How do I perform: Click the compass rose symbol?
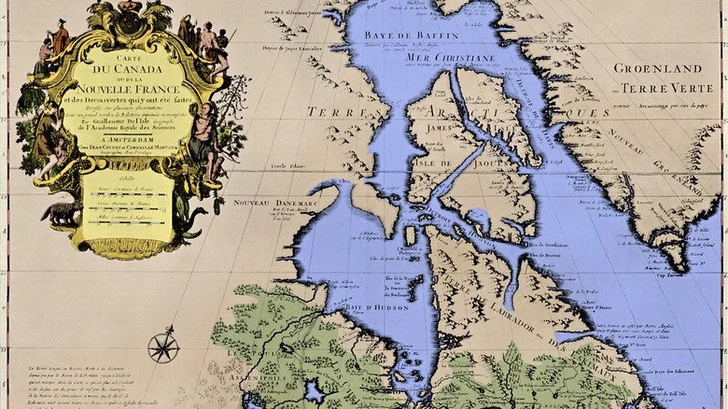tap(163, 347)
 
